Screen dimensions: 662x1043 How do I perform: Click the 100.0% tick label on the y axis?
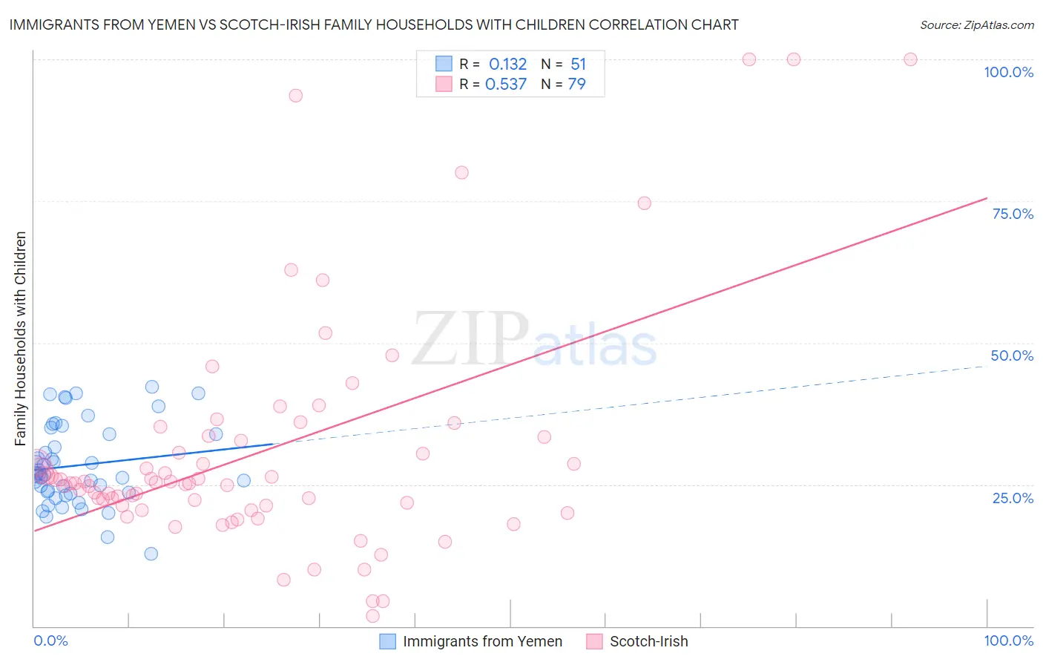(1008, 72)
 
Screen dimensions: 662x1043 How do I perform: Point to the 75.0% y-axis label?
(1013, 214)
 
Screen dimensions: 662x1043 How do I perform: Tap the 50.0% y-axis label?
(1012, 355)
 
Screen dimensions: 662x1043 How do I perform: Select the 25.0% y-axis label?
(1013, 497)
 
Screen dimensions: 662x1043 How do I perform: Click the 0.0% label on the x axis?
(50, 640)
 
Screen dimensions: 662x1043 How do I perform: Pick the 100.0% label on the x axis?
(1008, 640)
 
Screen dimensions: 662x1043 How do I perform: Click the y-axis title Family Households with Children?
(20, 338)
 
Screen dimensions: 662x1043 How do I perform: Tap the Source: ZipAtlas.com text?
(976, 24)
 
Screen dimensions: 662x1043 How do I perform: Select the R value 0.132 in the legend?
(507, 64)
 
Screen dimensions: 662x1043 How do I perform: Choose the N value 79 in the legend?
(576, 85)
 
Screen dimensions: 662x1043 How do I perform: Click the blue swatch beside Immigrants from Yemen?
(387, 641)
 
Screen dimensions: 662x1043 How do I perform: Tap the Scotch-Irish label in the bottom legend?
(648, 641)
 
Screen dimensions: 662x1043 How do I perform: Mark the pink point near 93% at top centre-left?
(295, 95)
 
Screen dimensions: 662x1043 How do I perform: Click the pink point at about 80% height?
(461, 172)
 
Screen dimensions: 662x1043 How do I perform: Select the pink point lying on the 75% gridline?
(644, 203)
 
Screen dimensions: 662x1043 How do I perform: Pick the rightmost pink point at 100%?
(910, 59)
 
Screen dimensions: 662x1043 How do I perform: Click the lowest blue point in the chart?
(151, 554)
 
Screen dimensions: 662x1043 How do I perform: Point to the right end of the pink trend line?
(987, 197)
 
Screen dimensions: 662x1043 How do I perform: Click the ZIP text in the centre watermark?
(470, 338)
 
